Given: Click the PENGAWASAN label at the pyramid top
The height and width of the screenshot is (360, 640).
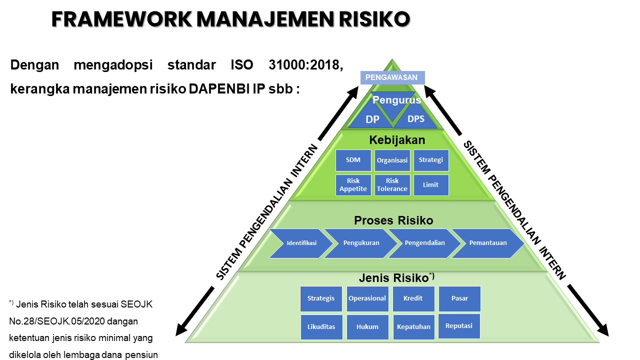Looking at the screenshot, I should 392,77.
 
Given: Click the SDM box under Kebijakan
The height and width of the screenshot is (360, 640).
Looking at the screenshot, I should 353,160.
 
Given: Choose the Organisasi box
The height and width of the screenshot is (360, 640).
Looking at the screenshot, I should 392,160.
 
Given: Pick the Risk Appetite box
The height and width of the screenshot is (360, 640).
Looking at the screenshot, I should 353,185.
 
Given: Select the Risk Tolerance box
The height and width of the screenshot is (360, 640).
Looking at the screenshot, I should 392,185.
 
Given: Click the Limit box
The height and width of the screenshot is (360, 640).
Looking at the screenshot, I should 430,185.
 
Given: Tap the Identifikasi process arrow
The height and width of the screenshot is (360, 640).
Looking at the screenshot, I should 300,243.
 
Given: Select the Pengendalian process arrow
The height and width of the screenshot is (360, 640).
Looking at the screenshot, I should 424,243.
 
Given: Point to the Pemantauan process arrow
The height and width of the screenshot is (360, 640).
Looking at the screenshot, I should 487,243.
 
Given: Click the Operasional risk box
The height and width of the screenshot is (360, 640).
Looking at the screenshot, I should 367,298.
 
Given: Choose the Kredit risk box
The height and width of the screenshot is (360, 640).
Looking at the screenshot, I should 413,298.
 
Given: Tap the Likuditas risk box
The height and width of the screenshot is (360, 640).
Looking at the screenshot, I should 321,326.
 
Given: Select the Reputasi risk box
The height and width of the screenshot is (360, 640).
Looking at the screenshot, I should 459,325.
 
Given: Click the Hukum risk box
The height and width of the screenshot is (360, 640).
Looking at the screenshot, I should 367,326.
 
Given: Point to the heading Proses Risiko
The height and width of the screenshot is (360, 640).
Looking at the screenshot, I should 393,220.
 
